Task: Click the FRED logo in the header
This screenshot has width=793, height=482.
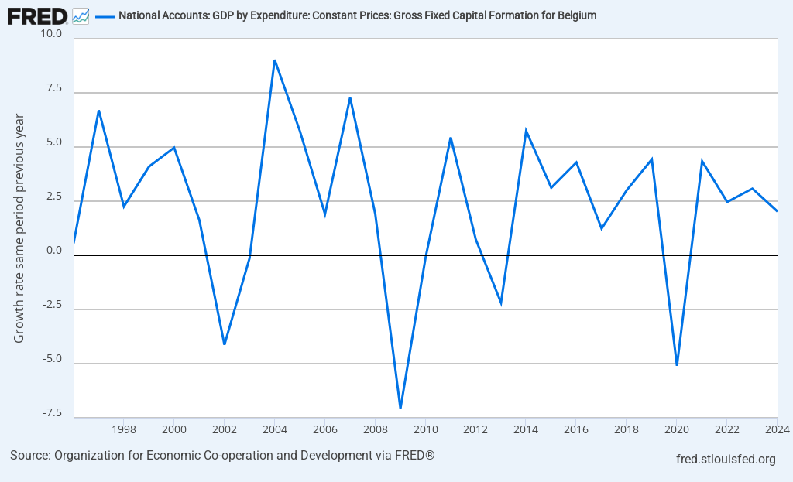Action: (36, 15)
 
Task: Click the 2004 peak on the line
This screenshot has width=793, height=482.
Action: (274, 60)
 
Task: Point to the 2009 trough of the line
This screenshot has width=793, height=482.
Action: (400, 408)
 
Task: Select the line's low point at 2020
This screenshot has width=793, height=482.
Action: (677, 364)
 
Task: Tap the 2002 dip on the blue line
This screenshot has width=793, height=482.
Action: (224, 344)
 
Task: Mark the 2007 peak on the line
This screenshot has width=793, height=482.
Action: (350, 98)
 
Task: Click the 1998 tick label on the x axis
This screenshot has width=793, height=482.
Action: (124, 429)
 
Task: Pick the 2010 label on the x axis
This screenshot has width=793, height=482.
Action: (425, 429)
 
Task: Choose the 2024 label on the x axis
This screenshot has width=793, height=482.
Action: (777, 429)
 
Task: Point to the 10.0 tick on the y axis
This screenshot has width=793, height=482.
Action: (52, 34)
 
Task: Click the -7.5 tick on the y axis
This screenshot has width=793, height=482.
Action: (52, 413)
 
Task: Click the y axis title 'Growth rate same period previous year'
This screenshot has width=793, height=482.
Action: (19, 228)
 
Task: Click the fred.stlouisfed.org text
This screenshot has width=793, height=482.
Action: (726, 460)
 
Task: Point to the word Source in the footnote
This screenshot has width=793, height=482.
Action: (29, 455)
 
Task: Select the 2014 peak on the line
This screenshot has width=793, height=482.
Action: (526, 131)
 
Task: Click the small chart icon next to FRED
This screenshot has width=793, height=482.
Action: (80, 15)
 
